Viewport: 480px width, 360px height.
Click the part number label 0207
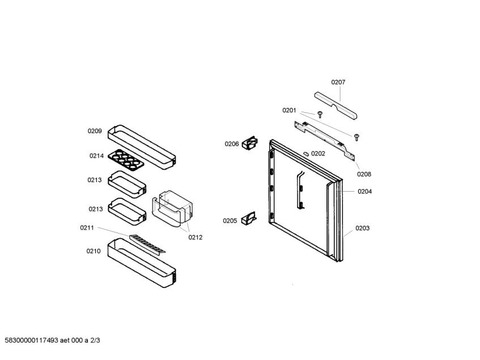[x=338, y=82]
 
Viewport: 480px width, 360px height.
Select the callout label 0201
[x=290, y=111]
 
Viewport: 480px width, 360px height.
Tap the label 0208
[x=364, y=174]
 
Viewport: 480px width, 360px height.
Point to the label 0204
[x=365, y=192]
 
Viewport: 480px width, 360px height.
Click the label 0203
[x=363, y=228]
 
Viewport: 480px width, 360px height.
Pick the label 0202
[x=318, y=154]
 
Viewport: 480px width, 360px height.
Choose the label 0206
[x=232, y=144]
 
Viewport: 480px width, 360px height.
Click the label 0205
[x=230, y=221]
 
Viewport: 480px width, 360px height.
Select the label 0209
[x=95, y=131]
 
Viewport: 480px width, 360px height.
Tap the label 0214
[x=96, y=156]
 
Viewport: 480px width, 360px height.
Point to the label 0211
[x=87, y=228]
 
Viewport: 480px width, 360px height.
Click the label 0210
[x=94, y=251]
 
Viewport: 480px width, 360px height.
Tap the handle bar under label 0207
[x=337, y=106]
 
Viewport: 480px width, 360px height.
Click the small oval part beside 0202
[x=307, y=153]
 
